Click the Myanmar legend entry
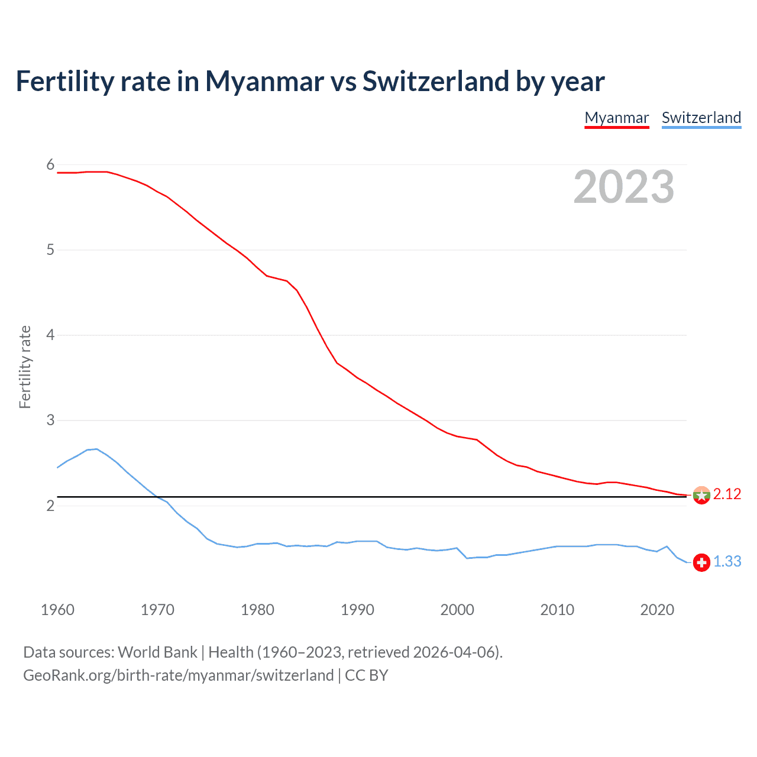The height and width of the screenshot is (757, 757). (617, 118)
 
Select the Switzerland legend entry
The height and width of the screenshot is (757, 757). (701, 118)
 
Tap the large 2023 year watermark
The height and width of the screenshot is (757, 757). (624, 187)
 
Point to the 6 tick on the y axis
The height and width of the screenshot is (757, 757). (50, 165)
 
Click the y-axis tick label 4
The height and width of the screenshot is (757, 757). (50, 335)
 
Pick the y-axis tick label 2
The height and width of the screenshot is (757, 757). (50, 506)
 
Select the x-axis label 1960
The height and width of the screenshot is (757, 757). (57, 610)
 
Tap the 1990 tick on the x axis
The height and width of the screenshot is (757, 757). (357, 610)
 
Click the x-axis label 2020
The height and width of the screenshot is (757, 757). (657, 610)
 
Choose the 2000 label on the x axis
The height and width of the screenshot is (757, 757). (457, 610)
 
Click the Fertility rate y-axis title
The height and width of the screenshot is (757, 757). (25, 367)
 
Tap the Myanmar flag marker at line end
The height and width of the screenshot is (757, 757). (701, 495)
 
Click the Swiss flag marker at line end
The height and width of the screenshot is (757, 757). (701, 562)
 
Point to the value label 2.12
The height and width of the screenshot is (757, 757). (727, 494)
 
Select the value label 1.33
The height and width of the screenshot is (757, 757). (727, 562)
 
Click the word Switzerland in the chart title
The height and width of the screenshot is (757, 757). (435, 82)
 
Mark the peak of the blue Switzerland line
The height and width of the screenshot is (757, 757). (96, 449)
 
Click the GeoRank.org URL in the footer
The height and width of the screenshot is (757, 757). (178, 675)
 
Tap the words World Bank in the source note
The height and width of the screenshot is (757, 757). (157, 652)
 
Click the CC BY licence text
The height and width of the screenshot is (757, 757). (366, 675)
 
